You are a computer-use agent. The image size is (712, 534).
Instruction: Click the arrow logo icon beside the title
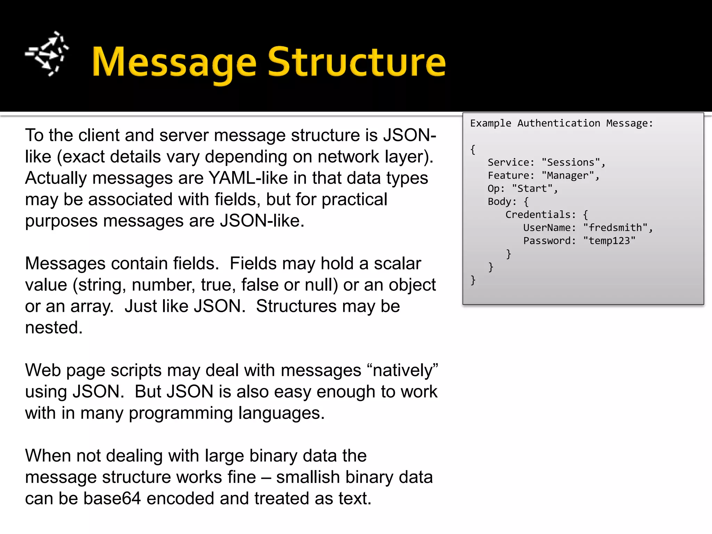click(x=47, y=54)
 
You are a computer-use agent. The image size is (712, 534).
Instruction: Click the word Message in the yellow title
click(x=174, y=63)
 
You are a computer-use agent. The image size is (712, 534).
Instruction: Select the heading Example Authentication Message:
click(x=561, y=123)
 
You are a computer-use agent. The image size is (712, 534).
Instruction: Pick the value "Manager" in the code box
click(x=568, y=176)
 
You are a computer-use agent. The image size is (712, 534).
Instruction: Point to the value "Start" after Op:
click(x=532, y=189)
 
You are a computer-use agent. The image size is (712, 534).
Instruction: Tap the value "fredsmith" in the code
click(x=615, y=228)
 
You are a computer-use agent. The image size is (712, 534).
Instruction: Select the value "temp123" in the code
click(x=609, y=241)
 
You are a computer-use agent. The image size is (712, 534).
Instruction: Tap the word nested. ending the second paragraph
click(x=54, y=328)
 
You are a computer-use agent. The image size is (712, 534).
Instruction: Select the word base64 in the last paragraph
click(x=112, y=499)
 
